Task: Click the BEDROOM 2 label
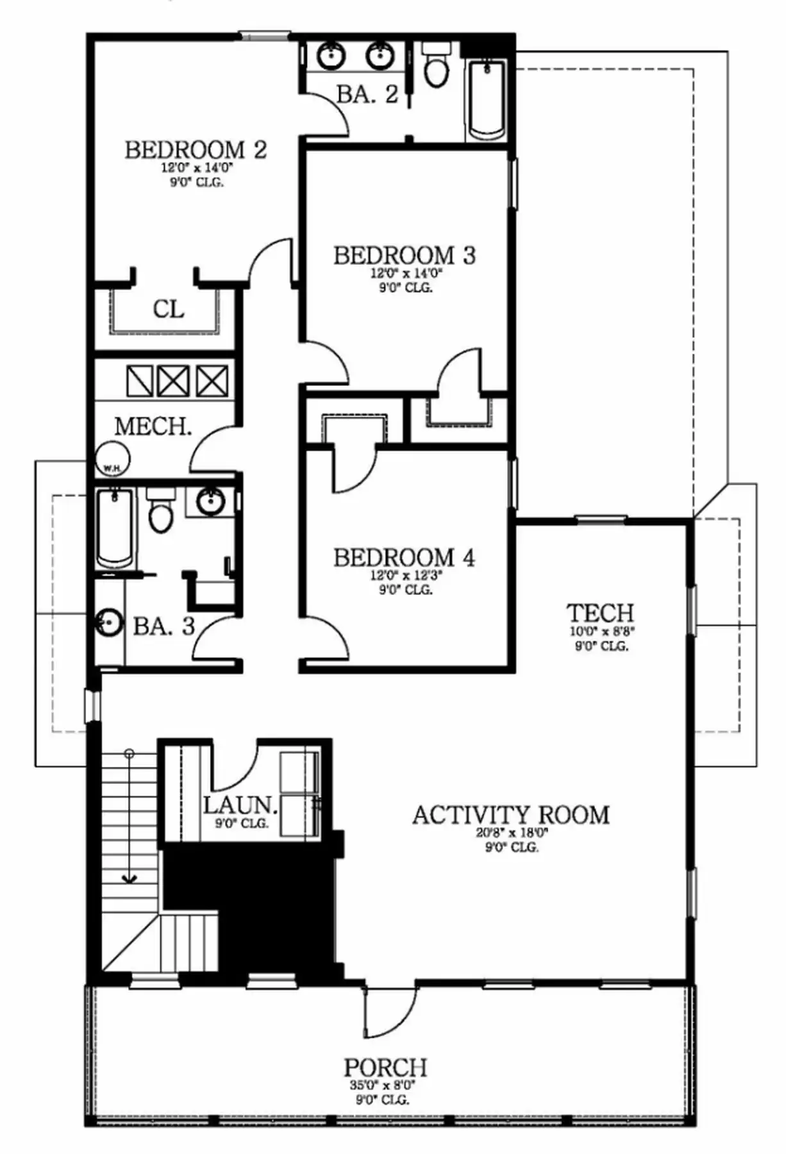pyautogui.click(x=196, y=150)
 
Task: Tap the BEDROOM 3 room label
pyautogui.click(x=404, y=256)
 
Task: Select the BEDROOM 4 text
pyautogui.click(x=404, y=558)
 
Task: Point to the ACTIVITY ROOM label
pyautogui.click(x=510, y=815)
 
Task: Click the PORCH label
pyautogui.click(x=385, y=1067)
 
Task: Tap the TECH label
pyautogui.click(x=601, y=613)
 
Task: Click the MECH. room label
pyautogui.click(x=153, y=426)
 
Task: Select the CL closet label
pyautogui.click(x=169, y=310)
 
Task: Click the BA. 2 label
pyautogui.click(x=367, y=95)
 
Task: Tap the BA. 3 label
pyautogui.click(x=163, y=626)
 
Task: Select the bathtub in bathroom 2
pyautogui.click(x=487, y=99)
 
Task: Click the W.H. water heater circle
pyautogui.click(x=112, y=460)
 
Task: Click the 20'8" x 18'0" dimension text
pyautogui.click(x=512, y=833)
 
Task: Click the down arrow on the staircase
pyautogui.click(x=130, y=878)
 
